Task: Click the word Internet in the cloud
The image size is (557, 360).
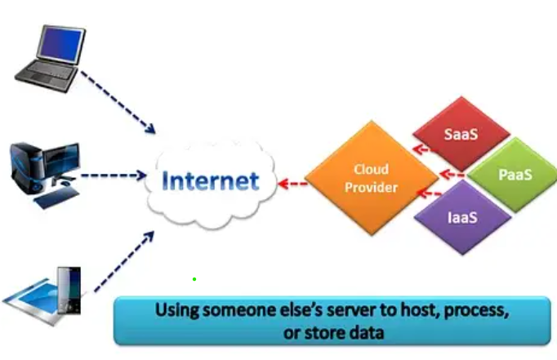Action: [210, 180]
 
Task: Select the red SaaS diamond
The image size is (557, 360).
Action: [461, 134]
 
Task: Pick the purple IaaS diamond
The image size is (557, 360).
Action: [462, 217]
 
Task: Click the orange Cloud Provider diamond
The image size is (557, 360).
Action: [372, 178]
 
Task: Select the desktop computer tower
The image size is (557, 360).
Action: [25, 167]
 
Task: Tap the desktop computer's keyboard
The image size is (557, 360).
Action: [56, 198]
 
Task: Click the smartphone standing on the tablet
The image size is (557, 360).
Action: [69, 291]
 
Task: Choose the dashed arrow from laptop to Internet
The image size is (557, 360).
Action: [118, 102]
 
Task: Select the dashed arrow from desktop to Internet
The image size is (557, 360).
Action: [114, 175]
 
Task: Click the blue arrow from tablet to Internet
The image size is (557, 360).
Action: [124, 261]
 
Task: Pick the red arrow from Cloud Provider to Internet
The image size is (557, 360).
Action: [292, 184]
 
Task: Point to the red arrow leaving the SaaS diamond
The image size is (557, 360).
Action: [424, 149]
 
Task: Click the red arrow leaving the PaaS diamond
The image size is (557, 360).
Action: [452, 175]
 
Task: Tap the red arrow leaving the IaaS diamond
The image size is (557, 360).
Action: [429, 193]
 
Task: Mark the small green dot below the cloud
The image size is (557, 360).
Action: [194, 279]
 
